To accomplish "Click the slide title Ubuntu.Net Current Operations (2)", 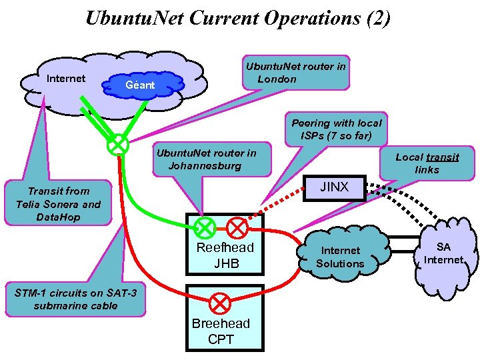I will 238,18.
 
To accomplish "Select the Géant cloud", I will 141,85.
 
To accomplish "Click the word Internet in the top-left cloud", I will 66,79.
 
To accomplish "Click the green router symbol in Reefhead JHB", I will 205,228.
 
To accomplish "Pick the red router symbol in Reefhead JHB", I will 237,228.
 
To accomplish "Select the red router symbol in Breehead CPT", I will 221,303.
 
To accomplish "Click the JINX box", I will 334,187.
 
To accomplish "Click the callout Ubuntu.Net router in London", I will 295,72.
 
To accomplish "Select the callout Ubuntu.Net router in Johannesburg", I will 205,159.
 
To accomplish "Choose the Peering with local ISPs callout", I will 337,129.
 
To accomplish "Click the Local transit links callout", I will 427,163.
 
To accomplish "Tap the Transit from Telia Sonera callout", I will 58,204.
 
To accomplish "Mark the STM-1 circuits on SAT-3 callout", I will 75,299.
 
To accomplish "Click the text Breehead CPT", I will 221,331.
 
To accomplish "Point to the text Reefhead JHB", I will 225,255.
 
